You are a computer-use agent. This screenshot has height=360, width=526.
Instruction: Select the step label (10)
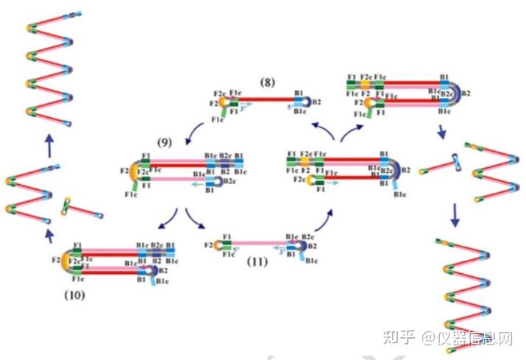point(74,296)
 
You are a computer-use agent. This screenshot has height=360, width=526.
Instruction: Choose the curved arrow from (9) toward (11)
point(195,221)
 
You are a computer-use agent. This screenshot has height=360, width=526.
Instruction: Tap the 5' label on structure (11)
point(236,250)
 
